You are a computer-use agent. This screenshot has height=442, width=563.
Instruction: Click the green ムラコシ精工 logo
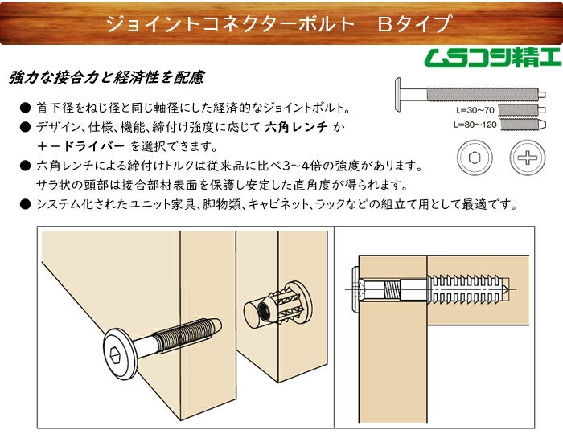click(x=492, y=57)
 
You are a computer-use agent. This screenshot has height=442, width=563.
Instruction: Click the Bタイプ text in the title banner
click(x=414, y=23)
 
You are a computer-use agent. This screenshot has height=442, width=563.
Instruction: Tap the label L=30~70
click(x=475, y=110)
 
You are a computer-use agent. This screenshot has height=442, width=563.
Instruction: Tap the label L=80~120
click(x=475, y=125)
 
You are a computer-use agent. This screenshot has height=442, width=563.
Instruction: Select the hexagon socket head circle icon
click(x=475, y=158)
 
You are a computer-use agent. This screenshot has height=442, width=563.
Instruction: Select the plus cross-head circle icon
click(x=528, y=158)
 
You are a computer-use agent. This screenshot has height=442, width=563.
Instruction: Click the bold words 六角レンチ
click(x=296, y=127)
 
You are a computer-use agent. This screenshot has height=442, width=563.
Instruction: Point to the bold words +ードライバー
click(x=80, y=146)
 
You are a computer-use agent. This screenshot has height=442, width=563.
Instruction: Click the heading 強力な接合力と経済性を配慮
click(x=107, y=77)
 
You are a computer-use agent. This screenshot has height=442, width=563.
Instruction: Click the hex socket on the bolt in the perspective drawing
click(x=115, y=354)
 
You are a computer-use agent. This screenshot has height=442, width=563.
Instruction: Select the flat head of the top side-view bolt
click(x=397, y=95)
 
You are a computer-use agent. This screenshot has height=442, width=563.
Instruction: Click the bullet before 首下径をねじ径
click(x=25, y=108)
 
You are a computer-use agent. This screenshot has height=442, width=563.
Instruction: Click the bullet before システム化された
click(x=25, y=204)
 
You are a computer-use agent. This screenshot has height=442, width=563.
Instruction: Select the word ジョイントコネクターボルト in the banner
click(x=231, y=23)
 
